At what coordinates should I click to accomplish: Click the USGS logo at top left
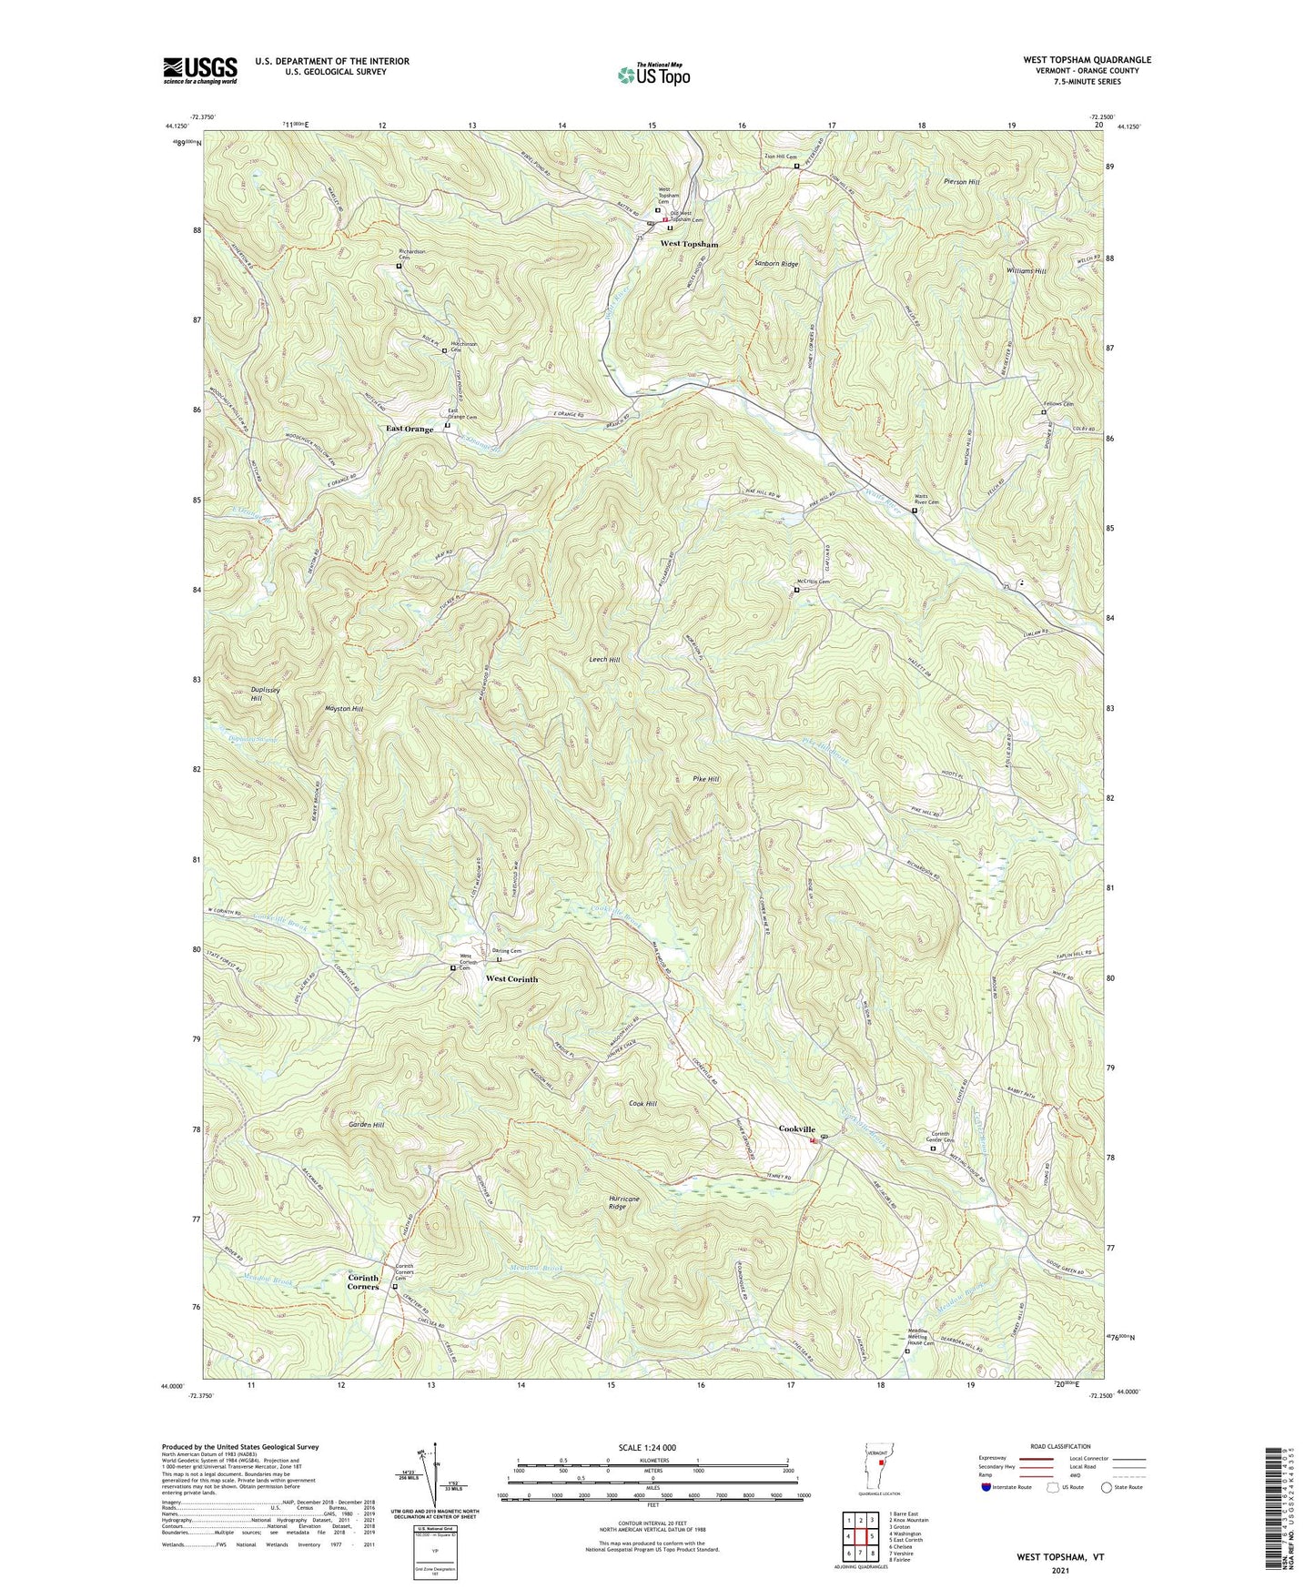point(200,69)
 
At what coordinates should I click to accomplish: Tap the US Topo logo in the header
point(652,75)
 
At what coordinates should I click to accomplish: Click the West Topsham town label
point(689,245)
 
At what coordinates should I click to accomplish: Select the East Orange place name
point(410,429)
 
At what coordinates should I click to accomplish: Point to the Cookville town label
point(796,1128)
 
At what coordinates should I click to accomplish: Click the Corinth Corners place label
point(363,1282)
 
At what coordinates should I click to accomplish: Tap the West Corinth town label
point(511,979)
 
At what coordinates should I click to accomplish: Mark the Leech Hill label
point(604,659)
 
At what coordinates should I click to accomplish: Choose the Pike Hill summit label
point(706,779)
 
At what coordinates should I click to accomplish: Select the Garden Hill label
point(366,1125)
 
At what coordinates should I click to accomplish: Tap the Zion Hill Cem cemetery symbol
point(796,167)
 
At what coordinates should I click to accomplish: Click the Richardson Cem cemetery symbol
point(399,267)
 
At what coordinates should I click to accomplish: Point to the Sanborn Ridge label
point(776,264)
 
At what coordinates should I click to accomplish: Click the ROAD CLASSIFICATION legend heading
point(1059,1446)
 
